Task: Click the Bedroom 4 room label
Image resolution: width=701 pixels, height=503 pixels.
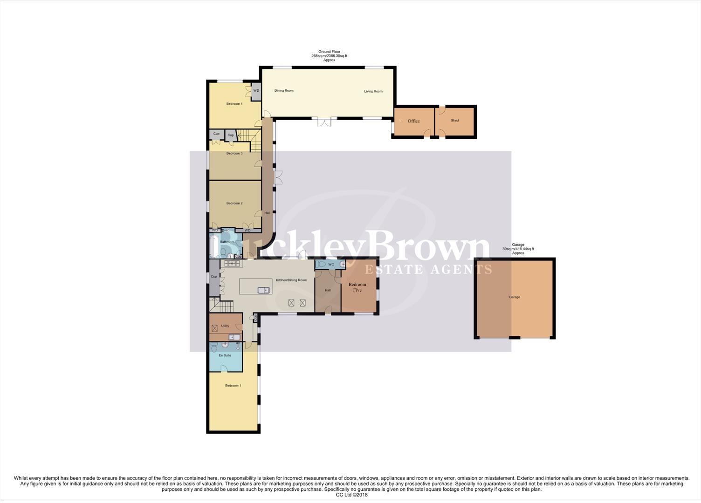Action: click(234, 104)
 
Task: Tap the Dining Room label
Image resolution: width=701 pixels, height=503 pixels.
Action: click(284, 91)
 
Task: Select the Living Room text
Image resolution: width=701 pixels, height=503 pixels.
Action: click(373, 91)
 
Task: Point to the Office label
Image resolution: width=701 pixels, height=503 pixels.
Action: click(413, 121)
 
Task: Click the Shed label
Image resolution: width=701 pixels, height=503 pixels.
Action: click(454, 121)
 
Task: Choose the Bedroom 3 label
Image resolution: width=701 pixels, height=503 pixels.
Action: click(234, 153)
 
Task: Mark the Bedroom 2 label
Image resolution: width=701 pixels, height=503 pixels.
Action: click(234, 203)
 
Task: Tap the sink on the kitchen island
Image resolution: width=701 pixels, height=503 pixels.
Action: click(264, 290)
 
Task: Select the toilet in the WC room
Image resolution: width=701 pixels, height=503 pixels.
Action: click(321, 264)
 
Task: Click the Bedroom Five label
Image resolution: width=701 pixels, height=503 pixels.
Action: click(357, 287)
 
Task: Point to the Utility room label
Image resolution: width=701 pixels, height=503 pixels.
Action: click(225, 326)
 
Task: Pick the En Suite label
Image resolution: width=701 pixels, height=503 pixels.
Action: click(225, 355)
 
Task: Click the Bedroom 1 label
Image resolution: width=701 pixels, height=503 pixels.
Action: click(233, 386)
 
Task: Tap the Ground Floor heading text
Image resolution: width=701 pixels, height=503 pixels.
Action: click(329, 52)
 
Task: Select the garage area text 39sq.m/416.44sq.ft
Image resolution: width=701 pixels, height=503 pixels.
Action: click(518, 249)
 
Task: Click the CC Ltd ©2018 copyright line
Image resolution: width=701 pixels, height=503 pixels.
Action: click(351, 495)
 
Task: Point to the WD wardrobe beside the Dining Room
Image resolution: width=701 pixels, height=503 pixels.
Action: click(256, 91)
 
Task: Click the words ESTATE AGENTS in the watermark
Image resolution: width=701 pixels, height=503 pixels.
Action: click(427, 270)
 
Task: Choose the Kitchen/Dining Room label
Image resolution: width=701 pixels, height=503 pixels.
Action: click(291, 280)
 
